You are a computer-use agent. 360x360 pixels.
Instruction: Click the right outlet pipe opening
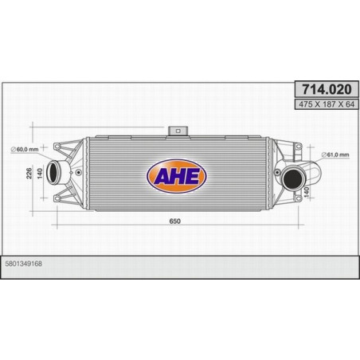(x=293, y=181)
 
